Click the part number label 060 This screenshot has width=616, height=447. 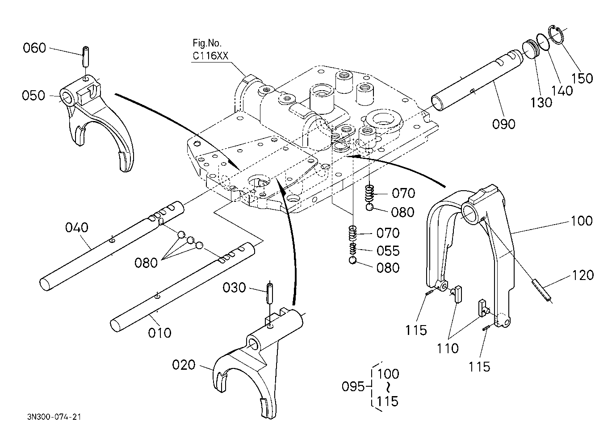pyautogui.click(x=34, y=48)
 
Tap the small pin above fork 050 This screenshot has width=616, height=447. pyautogui.click(x=85, y=56)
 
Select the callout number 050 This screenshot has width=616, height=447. pyautogui.click(x=33, y=96)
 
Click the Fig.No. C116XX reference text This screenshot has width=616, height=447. pyautogui.click(x=210, y=50)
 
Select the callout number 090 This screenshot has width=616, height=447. pyautogui.click(x=503, y=124)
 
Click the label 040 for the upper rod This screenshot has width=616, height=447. pyautogui.click(x=76, y=228)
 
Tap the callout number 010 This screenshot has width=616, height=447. pyautogui.click(x=159, y=333)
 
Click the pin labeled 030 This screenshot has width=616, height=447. pyautogui.click(x=270, y=293)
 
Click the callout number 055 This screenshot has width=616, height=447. pyautogui.click(x=388, y=251)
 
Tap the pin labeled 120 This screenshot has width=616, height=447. pyautogui.click(x=541, y=290)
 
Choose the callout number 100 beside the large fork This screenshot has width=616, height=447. pyautogui.click(x=582, y=221)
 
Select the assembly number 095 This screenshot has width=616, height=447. pyautogui.click(x=353, y=387)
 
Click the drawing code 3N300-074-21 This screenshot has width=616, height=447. pyautogui.click(x=54, y=417)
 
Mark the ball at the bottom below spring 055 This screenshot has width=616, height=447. pyautogui.click(x=353, y=260)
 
